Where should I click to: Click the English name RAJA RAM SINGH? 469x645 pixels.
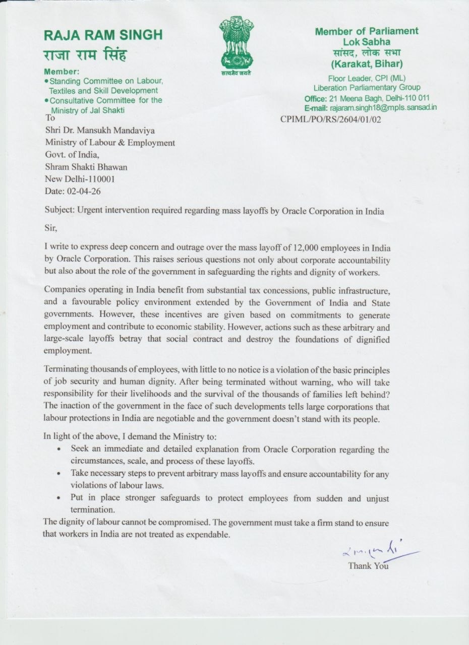103,35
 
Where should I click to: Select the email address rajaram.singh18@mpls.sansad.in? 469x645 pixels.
383,107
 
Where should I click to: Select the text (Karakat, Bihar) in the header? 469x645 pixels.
367,64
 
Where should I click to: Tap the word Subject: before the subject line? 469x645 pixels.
58,211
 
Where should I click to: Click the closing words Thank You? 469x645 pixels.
368,566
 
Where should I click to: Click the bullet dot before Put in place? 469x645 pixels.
60,498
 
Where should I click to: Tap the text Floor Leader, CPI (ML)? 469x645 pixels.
367,78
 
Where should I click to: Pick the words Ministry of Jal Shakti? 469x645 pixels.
87,110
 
